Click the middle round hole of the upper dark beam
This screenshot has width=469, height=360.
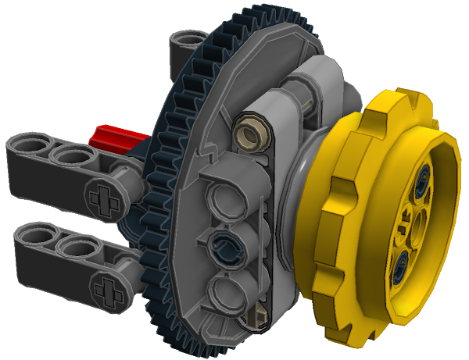pos(69,157)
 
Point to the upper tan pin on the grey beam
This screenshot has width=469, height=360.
pos(252,130)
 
